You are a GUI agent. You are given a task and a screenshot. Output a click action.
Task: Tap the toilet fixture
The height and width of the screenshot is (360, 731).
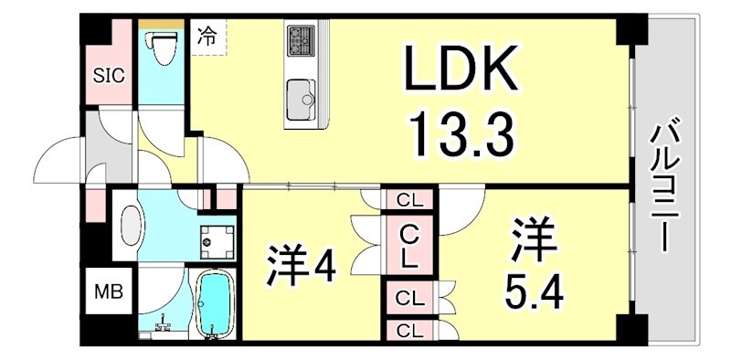tap(161, 49)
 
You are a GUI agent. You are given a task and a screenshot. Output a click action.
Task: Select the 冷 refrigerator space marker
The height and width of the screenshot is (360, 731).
tap(207, 37)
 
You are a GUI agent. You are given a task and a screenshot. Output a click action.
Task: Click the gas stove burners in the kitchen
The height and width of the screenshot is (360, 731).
tap(301, 39)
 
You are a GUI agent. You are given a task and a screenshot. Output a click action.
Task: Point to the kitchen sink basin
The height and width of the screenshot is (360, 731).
tap(301, 95)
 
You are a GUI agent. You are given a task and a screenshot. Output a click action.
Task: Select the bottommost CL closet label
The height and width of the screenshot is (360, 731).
tap(408, 330)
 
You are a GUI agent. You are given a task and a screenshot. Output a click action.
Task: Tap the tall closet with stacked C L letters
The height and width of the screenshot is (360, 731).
tap(408, 245)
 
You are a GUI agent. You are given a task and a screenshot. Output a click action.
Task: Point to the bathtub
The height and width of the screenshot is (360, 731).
tap(216, 303)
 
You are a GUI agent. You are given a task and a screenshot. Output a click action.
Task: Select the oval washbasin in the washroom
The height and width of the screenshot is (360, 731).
tap(132, 226)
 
